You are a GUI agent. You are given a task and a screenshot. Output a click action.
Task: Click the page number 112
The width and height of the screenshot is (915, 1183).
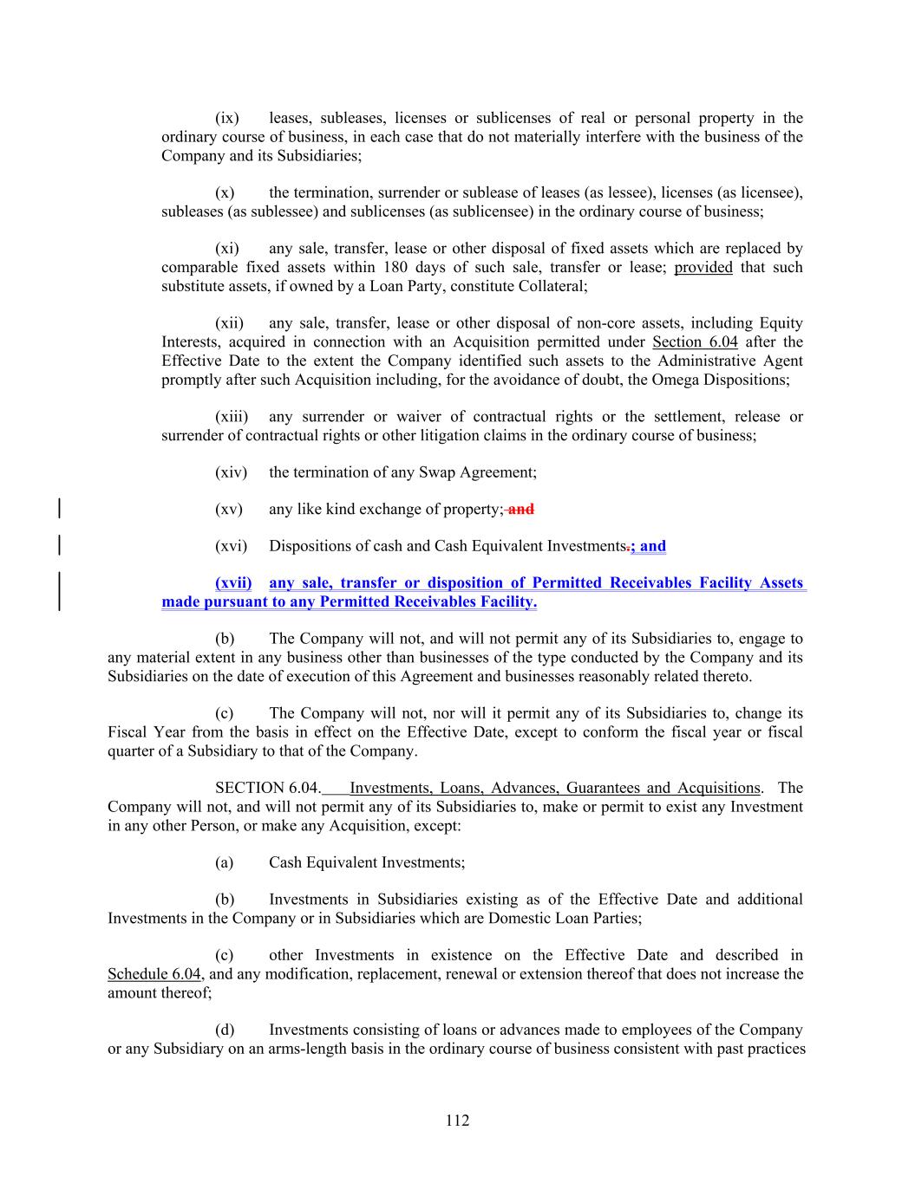tap(457, 1121)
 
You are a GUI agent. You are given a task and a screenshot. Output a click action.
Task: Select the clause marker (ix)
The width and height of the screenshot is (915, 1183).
tap(227, 118)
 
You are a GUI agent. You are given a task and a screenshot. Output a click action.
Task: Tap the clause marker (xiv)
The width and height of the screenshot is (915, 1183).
tap(231, 472)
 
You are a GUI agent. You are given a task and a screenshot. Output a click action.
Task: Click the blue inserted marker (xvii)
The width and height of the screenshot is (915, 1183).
tap(233, 583)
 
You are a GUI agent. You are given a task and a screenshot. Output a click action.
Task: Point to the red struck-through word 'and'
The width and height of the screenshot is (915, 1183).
tap(520, 510)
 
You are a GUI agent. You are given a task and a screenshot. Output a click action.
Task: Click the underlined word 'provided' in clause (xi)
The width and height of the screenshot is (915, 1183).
tap(703, 267)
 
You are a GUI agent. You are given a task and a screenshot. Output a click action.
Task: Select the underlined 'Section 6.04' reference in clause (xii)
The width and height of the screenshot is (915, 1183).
tap(695, 341)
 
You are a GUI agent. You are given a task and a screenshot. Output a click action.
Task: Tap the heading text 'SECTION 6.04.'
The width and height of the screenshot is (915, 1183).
tap(267, 788)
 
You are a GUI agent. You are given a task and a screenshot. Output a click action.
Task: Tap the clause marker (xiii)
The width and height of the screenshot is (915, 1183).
tap(231, 417)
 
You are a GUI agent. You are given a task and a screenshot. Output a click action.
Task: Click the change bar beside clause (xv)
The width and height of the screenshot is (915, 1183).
tap(58, 509)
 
